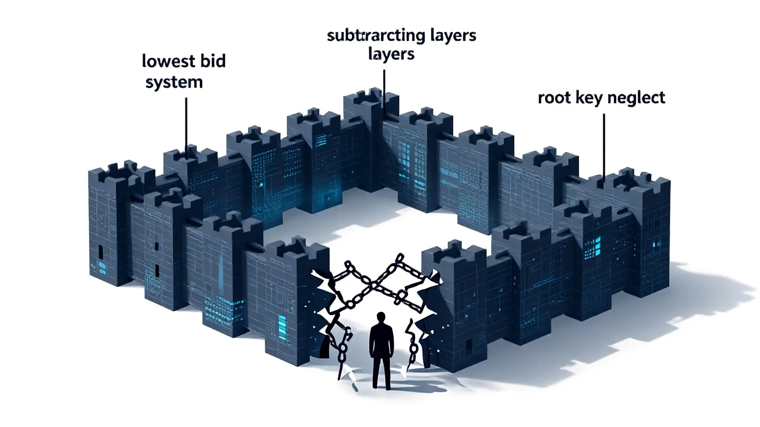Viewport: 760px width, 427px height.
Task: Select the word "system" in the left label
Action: coord(174,82)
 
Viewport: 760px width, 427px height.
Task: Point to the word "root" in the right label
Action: coord(553,98)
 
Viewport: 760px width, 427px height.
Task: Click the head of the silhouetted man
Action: coord(381,317)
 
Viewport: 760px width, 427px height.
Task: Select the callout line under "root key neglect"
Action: coord(604,146)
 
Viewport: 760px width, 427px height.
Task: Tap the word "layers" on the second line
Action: coord(391,54)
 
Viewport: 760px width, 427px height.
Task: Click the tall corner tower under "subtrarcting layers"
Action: coord(370,138)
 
